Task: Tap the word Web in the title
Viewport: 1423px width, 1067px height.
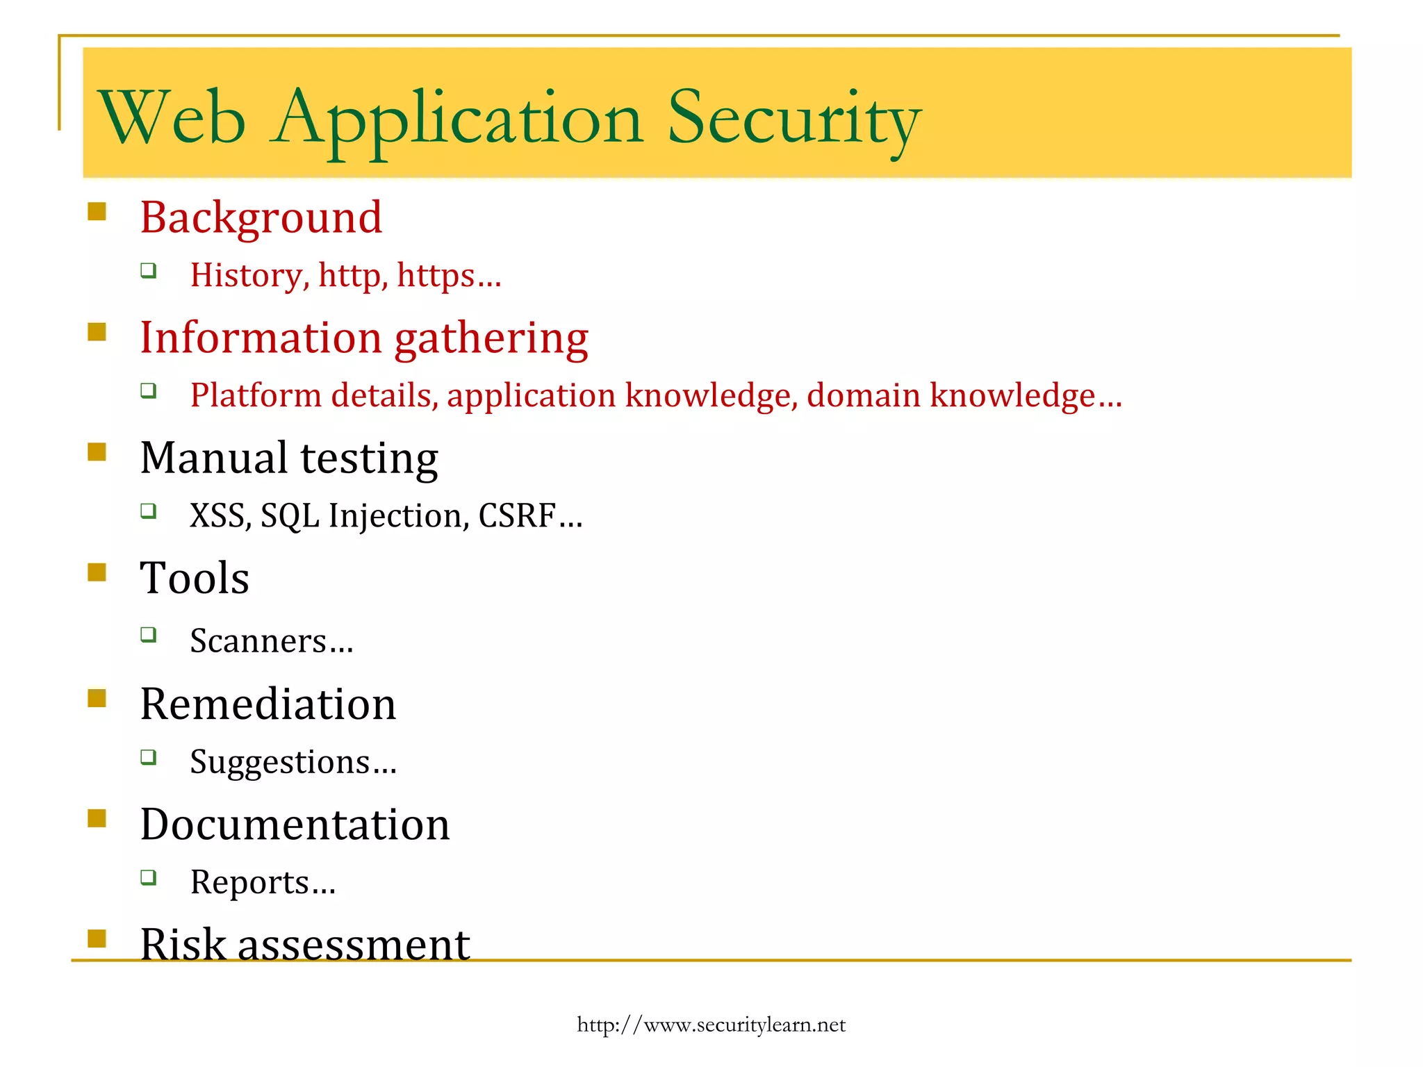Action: [172, 118]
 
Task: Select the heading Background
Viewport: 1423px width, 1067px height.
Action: [261, 217]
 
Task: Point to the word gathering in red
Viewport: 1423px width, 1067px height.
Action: [491, 338]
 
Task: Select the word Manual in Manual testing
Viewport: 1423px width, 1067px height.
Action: [214, 458]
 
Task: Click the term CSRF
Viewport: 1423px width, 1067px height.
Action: [518, 516]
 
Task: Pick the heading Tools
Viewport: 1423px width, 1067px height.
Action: [195, 579]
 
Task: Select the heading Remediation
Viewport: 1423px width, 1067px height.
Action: [268, 704]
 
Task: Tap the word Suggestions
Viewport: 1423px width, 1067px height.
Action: [280, 763]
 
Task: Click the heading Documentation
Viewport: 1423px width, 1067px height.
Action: [295, 825]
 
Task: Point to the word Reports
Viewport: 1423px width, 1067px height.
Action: [250, 883]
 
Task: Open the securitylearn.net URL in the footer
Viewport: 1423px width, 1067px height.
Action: [711, 1025]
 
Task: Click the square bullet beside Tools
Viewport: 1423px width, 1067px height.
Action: [97, 572]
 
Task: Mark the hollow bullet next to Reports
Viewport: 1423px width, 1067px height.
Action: [148, 877]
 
